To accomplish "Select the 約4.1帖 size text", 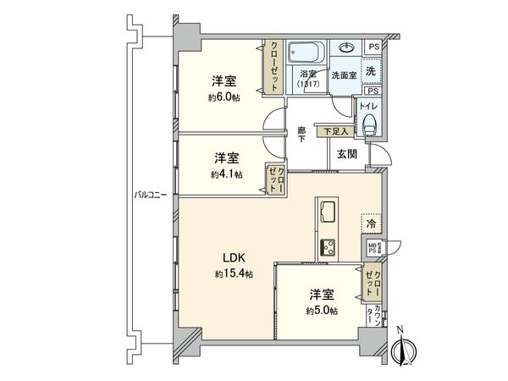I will (x=226, y=174).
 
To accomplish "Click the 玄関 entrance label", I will (x=346, y=154).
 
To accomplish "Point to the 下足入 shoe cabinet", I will (x=334, y=131).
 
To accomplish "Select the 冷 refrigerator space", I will (x=371, y=224).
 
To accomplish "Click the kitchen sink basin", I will (x=328, y=213).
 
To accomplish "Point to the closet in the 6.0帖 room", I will (x=275, y=67).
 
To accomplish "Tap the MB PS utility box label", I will (x=373, y=248).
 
